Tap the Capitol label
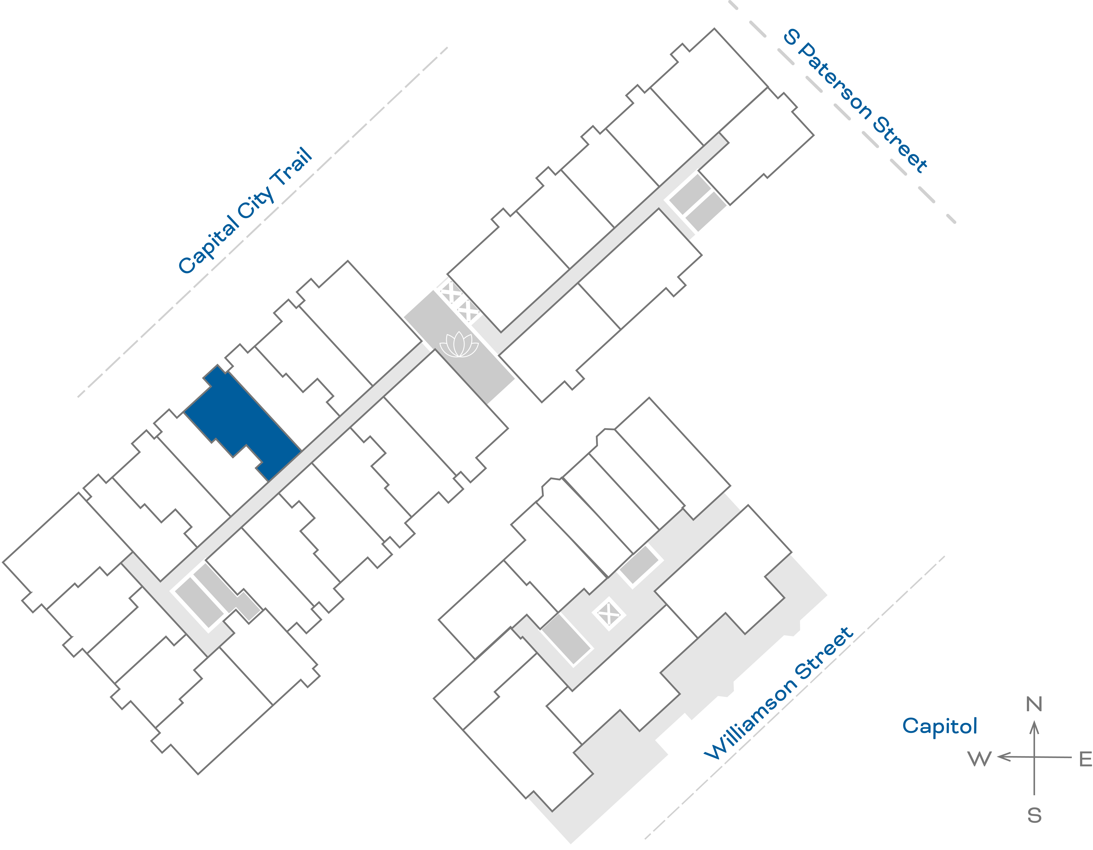(x=939, y=726)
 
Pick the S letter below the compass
(x=1034, y=816)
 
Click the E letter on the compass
(x=1086, y=759)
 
